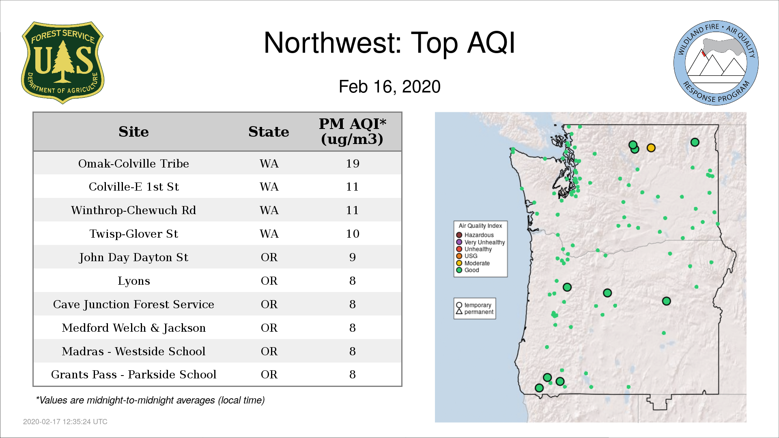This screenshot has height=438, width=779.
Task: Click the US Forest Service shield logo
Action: pos(62,62)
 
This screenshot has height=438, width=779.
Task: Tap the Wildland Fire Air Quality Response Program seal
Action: pos(716,63)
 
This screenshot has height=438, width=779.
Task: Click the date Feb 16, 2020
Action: pos(389,87)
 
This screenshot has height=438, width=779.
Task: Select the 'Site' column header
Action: pos(133,132)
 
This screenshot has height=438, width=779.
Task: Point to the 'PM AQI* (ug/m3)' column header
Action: pos(352,131)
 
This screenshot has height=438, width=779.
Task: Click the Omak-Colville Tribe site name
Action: pos(133,163)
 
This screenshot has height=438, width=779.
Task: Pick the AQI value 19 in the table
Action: pos(353,163)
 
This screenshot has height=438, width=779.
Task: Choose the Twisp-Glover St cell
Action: pos(133,234)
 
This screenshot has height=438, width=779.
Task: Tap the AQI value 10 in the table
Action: pos(353,234)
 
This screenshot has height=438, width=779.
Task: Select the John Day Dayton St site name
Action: pos(133,258)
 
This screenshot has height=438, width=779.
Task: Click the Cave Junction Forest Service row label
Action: pos(133,305)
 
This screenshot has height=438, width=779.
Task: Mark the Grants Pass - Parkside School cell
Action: pos(133,374)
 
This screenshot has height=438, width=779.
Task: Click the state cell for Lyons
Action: pos(269,281)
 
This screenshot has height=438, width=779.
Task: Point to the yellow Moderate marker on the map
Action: pos(651,148)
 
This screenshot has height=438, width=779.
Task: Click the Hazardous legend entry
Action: pos(475,235)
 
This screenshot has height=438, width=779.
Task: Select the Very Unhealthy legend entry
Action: pos(480,242)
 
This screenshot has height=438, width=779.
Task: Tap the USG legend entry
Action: pos(467,256)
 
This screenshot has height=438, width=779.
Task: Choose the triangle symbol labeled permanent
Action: pos(459,311)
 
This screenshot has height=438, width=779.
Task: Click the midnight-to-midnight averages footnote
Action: pos(150,400)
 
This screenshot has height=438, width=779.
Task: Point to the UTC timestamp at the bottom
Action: pos(65,422)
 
